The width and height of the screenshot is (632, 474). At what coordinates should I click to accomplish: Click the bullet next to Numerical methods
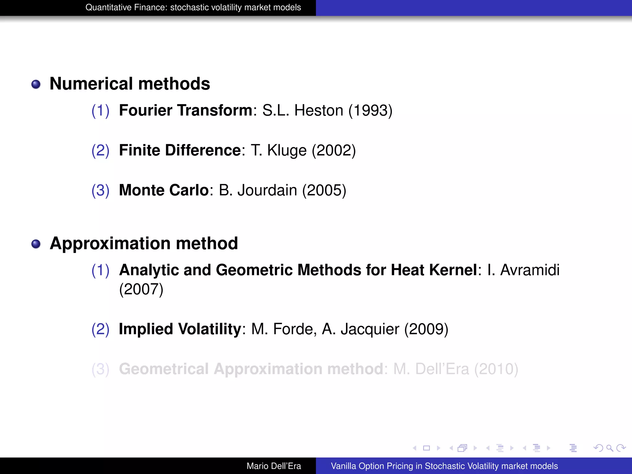point(36,84)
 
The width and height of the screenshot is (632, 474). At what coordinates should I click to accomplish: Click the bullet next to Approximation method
point(36,244)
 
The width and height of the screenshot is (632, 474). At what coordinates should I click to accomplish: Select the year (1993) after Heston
point(370,110)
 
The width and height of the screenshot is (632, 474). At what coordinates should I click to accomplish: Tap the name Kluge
point(287,151)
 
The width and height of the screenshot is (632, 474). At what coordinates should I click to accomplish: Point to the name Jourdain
point(267,190)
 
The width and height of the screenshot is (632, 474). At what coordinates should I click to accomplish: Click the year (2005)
point(324,190)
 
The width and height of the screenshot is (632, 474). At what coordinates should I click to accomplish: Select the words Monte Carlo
point(164,190)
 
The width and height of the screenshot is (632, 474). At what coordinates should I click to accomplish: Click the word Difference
point(203,150)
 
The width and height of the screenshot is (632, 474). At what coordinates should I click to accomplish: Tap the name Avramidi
point(530,270)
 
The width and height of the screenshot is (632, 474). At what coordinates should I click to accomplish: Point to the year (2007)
point(141,289)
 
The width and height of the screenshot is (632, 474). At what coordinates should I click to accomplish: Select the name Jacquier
point(370,329)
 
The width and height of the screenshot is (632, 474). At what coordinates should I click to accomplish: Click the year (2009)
point(426,329)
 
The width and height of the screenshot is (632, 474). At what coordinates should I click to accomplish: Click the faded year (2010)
point(496,369)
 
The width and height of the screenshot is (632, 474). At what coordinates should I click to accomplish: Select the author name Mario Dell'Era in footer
point(274,466)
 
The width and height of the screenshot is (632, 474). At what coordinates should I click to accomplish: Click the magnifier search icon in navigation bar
point(609,448)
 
